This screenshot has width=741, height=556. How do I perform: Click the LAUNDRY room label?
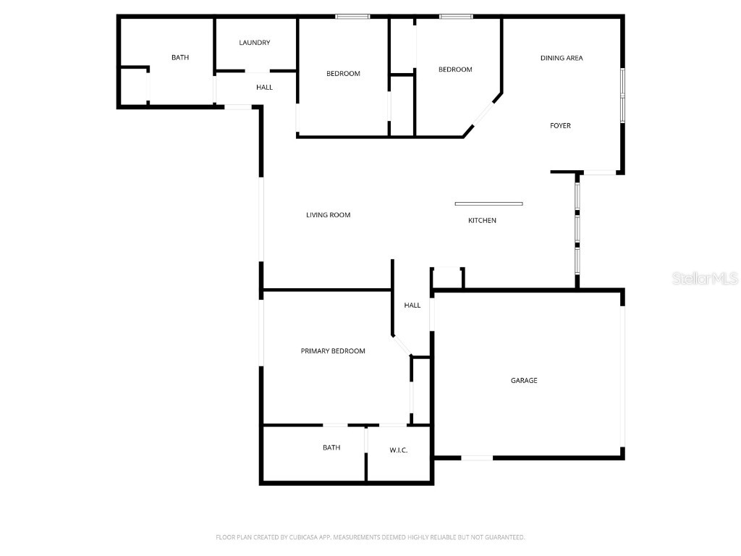[255, 43]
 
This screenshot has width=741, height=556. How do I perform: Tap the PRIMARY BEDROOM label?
[333, 351]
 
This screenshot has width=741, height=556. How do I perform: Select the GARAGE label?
[524, 381]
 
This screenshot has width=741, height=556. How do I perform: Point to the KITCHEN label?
[482, 221]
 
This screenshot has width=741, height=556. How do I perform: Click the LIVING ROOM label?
[328, 215]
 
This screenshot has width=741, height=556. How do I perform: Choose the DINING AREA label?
[562, 58]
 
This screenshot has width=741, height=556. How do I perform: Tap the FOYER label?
[560, 126]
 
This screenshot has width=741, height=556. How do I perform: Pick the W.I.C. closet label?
[399, 450]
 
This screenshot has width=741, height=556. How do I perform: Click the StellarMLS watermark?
[705, 278]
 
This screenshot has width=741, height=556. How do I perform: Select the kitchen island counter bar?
[488, 203]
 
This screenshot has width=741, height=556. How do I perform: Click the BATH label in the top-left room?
[180, 57]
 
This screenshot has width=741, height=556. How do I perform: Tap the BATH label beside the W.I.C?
[331, 448]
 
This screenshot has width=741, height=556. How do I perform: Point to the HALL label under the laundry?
[265, 88]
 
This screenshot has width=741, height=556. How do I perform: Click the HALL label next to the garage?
[412, 306]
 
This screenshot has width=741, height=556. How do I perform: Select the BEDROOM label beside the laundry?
[343, 74]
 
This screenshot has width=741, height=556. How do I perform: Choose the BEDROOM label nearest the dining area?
[455, 69]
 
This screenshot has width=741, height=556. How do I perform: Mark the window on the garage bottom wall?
[477, 458]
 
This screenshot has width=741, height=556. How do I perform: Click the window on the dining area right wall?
[622, 95]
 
